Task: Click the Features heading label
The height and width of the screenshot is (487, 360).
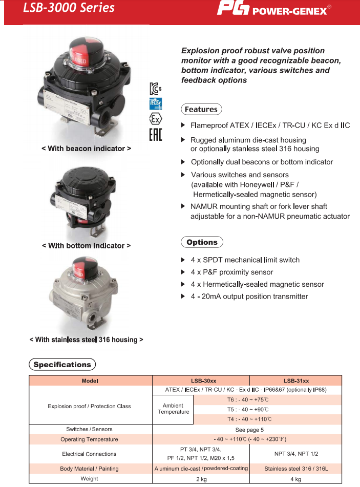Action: point(201,110)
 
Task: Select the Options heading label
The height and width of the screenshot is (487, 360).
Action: point(202,242)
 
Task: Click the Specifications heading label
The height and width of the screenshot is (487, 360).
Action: point(62,365)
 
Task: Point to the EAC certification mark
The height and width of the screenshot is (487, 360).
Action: point(155,135)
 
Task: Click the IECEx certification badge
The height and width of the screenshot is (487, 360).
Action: point(155,104)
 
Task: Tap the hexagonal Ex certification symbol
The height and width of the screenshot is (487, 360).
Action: point(155,119)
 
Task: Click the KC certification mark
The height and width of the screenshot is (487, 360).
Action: point(155,88)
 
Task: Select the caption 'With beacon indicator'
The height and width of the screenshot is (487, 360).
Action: point(86,149)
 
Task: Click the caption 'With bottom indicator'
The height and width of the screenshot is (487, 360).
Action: point(86,246)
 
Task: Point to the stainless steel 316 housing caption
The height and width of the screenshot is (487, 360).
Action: point(86,340)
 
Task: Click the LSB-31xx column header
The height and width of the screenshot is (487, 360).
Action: point(296,380)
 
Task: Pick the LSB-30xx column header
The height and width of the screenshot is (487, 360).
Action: point(201,380)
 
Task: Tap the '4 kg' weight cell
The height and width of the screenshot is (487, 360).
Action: point(296,479)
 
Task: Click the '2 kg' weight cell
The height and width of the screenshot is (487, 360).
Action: point(201,479)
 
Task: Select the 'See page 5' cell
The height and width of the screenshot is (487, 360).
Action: point(249,429)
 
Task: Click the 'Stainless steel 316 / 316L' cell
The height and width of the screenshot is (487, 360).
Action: point(296,469)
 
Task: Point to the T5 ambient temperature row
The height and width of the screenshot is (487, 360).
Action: point(248,409)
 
